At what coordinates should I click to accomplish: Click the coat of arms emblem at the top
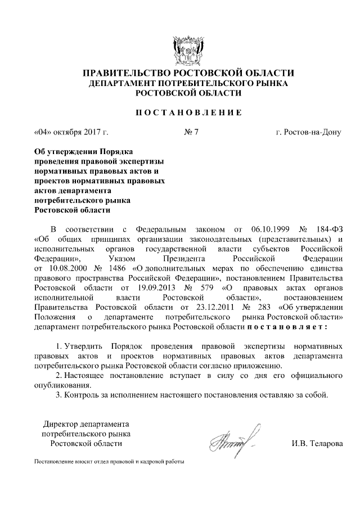(x=181, y=49)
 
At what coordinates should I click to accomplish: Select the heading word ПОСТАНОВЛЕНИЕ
(x=181, y=113)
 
